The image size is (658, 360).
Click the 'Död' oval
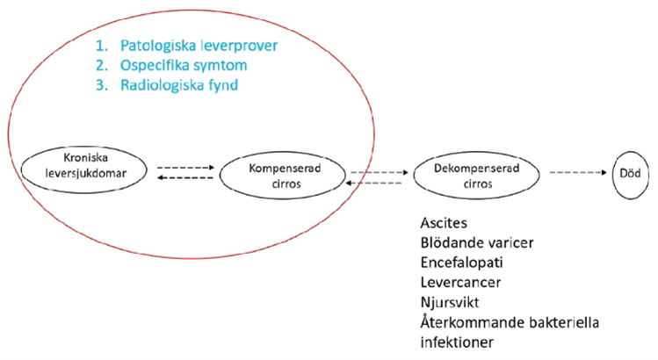click(x=628, y=172)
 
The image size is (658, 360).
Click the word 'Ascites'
click(x=446, y=225)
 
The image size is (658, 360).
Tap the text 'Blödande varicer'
click(x=475, y=243)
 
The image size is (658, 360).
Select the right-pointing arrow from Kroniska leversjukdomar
click(x=185, y=166)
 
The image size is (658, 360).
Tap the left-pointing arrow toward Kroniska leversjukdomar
click(x=185, y=177)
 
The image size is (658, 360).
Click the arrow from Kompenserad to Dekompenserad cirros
click(x=380, y=172)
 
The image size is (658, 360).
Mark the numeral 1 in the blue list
click(x=104, y=44)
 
